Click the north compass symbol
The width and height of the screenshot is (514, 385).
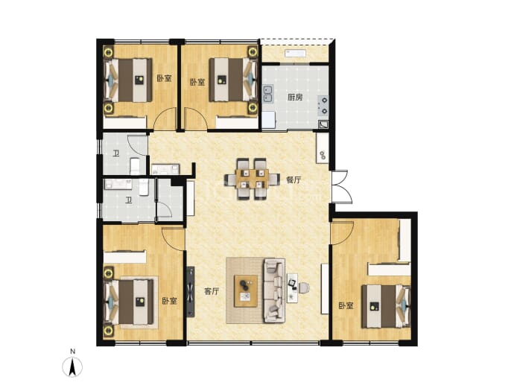[72, 366]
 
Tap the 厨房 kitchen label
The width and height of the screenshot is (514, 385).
[295, 98]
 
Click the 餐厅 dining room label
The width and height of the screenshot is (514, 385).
[294, 180]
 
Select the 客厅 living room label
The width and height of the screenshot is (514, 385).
[212, 291]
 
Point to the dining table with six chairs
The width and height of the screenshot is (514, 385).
[252, 179]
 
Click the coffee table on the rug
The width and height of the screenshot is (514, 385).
[246, 291]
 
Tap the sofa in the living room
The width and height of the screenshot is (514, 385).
[274, 290]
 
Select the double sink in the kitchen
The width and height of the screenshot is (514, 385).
[269, 94]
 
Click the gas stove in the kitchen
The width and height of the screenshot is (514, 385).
[323, 106]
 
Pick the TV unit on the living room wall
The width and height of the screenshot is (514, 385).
[191, 292]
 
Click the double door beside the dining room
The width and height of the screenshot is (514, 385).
[341, 186]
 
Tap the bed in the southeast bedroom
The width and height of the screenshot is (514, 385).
[386, 306]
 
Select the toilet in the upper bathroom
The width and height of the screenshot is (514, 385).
[135, 166]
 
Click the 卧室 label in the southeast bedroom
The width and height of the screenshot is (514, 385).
[346, 306]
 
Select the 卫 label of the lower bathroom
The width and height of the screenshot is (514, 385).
[129, 200]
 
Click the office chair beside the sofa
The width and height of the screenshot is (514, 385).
[303, 287]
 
